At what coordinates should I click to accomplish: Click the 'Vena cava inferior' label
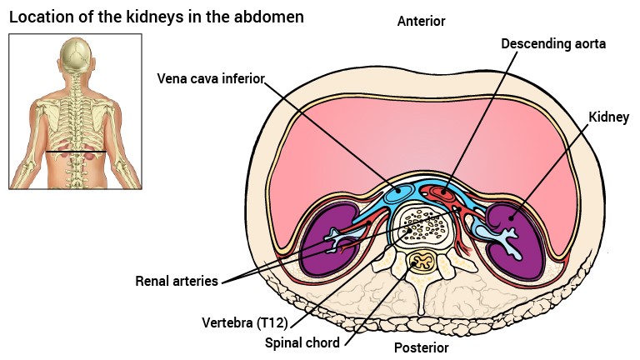click(x=211, y=79)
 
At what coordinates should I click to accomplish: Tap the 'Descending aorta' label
click(x=553, y=42)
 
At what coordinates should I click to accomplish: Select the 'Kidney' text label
click(x=608, y=117)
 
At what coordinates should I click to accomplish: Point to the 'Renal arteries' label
click(x=177, y=281)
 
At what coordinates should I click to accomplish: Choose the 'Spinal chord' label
click(x=302, y=342)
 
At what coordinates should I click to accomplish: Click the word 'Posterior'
click(x=421, y=347)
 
